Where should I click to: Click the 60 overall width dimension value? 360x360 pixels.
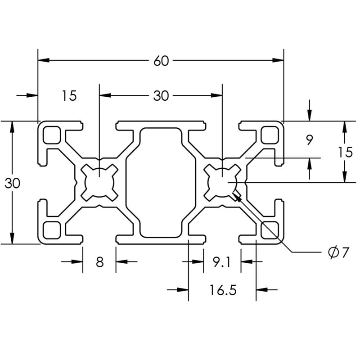click(x=161, y=61)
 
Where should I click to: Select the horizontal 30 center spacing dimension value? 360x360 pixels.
click(x=161, y=95)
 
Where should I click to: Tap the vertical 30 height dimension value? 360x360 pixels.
click(x=13, y=183)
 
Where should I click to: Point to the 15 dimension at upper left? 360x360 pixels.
click(x=69, y=95)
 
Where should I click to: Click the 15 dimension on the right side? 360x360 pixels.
click(x=345, y=152)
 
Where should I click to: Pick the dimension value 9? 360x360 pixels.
click(x=309, y=140)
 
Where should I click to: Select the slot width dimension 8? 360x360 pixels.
click(x=99, y=262)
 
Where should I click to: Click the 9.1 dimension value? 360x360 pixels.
click(x=221, y=262)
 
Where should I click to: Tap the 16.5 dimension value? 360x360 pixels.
click(x=222, y=290)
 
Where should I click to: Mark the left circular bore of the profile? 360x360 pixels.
click(x=99, y=182)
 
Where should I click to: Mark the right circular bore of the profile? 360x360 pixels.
click(x=222, y=182)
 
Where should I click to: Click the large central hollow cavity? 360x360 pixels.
click(x=161, y=182)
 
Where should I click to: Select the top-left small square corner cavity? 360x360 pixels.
click(x=52, y=135)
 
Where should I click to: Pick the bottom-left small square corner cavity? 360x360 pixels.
click(x=52, y=229)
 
